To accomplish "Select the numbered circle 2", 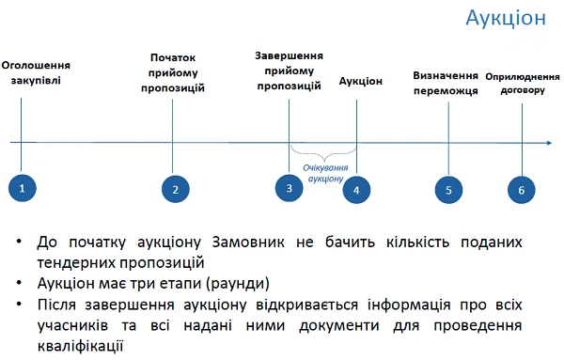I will (x=174, y=189).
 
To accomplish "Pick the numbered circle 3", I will (x=290, y=188).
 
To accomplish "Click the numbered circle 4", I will (x=357, y=189).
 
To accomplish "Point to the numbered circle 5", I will (x=449, y=190).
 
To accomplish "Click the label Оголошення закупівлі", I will (x=36, y=73).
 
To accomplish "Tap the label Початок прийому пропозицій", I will (x=173, y=73).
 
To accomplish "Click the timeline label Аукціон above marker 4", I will (x=361, y=81).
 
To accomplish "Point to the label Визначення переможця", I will (x=446, y=83).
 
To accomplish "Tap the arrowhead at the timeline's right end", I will (x=548, y=143).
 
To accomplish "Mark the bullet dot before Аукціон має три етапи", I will (x=20, y=283).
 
